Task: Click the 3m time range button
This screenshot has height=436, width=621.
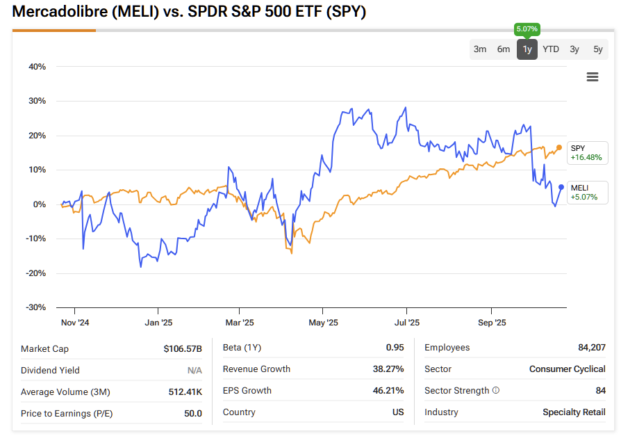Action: coord(480,49)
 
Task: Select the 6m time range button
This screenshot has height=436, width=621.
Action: coord(504,49)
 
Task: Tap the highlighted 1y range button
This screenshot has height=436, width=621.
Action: coord(527,49)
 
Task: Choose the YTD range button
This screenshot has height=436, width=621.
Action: coord(551,49)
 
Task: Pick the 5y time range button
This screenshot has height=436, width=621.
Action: coord(598,49)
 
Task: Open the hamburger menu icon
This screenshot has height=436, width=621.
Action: coord(593,77)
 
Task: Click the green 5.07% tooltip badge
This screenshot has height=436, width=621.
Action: coord(527,29)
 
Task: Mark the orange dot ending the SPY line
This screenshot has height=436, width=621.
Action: coord(559,147)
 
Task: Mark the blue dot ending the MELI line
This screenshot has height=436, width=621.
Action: coord(561,186)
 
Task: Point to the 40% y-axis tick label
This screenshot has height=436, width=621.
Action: coord(37,67)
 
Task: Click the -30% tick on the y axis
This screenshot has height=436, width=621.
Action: coord(35,307)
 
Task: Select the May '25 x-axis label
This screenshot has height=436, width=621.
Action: coord(323,323)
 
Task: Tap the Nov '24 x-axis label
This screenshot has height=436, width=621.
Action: coord(75,323)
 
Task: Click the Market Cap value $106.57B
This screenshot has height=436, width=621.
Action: coord(182,348)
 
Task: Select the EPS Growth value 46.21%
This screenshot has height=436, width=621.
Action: coord(388,391)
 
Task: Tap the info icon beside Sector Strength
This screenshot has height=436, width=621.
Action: coord(496,391)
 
